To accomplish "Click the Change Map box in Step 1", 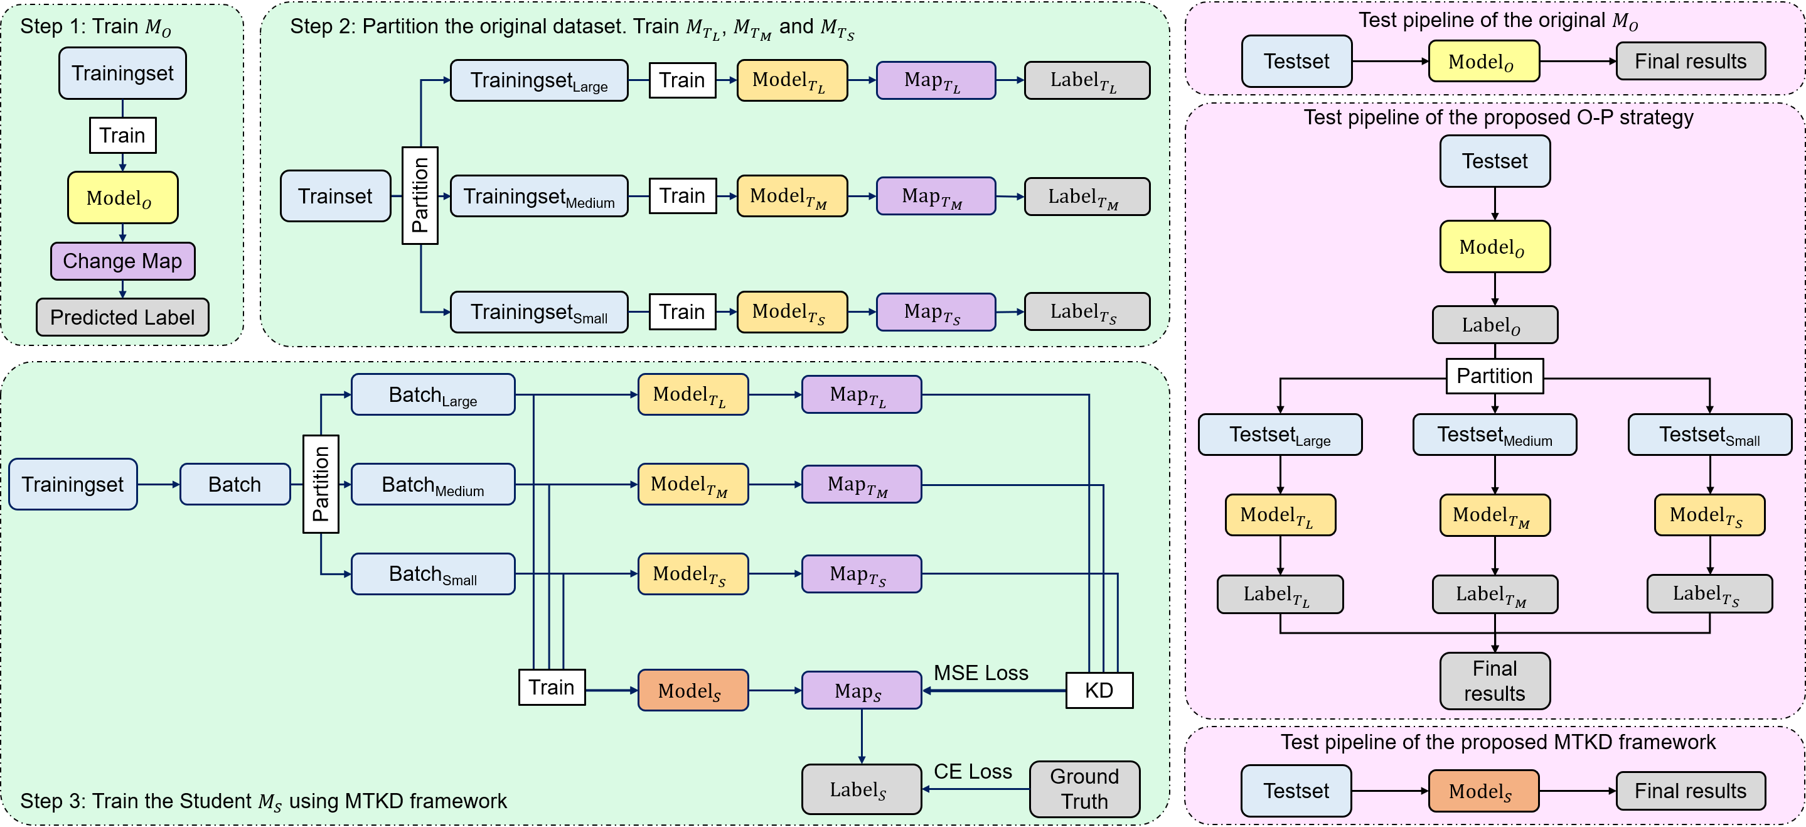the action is [123, 261].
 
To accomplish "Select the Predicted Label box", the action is [123, 317].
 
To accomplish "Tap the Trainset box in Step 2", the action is [335, 196].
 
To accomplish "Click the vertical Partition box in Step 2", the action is [420, 196].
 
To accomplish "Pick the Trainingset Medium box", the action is [539, 196].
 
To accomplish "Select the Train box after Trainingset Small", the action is [682, 311].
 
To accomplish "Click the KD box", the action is [1099, 690].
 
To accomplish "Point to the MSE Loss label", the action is [981, 673].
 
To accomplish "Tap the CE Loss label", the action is [973, 772].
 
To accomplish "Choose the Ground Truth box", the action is [1084, 789].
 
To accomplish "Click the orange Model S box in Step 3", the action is [693, 690].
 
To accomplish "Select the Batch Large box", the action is [432, 394].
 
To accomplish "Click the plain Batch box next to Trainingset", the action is [235, 484].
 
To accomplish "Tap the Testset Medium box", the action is [1495, 435].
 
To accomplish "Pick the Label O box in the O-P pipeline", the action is [1495, 325].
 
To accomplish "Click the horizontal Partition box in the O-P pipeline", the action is [1495, 376].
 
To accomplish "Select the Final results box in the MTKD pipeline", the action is [1691, 791].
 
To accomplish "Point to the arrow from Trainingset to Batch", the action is [158, 484].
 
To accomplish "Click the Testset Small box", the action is [1710, 435].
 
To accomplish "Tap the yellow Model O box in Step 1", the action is [123, 198].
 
